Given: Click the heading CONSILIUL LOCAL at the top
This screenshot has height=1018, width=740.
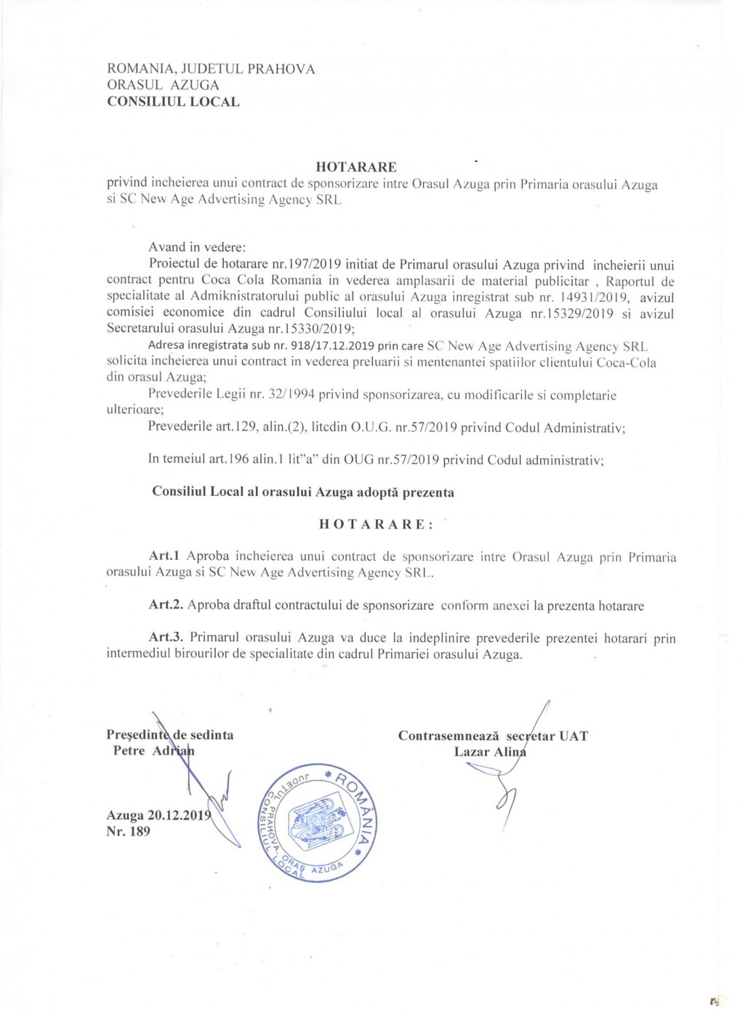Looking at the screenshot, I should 173,102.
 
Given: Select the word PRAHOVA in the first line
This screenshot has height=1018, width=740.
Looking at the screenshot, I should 281,69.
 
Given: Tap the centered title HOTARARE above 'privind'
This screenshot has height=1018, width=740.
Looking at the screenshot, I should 356,168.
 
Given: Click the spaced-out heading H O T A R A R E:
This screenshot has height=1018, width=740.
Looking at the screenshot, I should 375,524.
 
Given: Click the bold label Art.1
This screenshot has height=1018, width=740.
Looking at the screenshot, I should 164,556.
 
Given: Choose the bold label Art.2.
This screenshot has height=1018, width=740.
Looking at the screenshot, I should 166,605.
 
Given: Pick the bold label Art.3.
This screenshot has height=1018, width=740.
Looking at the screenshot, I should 166,638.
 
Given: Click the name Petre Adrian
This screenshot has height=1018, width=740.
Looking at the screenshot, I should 153,751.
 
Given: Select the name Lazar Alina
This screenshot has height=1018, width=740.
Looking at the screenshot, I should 489,752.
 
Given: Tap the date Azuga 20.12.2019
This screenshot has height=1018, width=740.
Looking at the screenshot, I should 158,815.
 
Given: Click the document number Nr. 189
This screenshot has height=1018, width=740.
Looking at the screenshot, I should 128,832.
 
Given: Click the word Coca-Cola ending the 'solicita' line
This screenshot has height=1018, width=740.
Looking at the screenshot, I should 627,363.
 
